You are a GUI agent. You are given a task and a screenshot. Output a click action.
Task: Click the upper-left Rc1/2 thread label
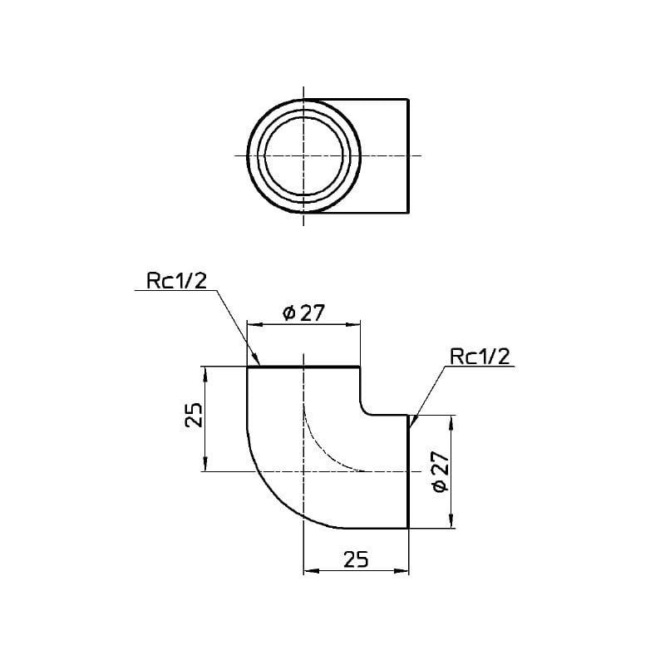(x=177, y=280)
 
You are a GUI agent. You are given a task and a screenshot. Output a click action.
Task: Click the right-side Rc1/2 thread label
(x=480, y=357)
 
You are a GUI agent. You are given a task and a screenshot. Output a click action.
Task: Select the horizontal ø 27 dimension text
(x=303, y=313)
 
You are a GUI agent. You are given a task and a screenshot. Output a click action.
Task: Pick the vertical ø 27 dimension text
(x=440, y=471)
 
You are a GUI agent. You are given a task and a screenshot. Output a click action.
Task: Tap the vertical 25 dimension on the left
(x=195, y=415)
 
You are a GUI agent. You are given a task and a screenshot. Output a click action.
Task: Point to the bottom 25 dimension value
(x=356, y=559)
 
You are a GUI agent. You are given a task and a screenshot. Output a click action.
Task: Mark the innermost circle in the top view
(x=303, y=155)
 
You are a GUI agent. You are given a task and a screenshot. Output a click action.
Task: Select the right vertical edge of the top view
(x=408, y=155)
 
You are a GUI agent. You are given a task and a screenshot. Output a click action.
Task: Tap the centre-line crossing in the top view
(x=303, y=155)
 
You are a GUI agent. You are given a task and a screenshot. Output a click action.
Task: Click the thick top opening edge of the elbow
(x=303, y=367)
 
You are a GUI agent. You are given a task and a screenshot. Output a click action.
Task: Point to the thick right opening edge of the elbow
(x=408, y=471)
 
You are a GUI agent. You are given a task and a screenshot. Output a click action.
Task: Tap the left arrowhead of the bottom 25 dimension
(x=311, y=571)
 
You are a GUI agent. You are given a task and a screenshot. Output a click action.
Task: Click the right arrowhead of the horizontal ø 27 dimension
(x=353, y=324)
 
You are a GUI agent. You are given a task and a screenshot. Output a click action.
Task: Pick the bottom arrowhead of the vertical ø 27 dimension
(x=451, y=521)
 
